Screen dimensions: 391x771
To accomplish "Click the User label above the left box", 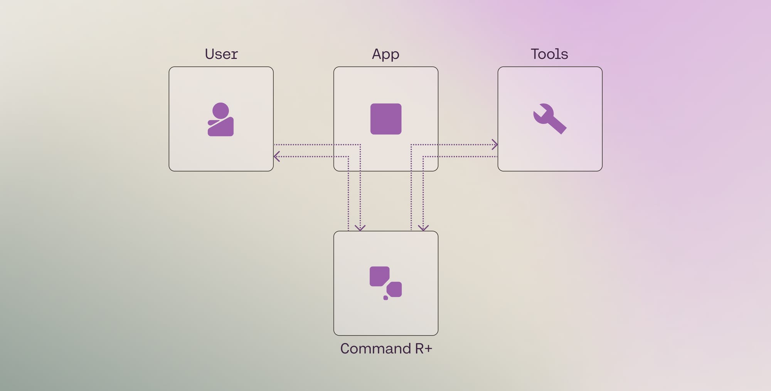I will pos(221,54).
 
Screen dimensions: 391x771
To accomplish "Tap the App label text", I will pos(385,54).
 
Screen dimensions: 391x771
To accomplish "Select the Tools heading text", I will pos(549,54).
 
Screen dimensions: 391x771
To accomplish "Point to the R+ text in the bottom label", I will pos(423,349).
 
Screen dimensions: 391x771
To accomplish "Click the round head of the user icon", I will pos(221,111).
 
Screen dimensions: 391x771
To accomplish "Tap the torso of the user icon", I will pos(222,128).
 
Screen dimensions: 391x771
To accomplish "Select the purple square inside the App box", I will pos(386,119).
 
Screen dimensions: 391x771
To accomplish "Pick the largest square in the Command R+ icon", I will pos(379,276).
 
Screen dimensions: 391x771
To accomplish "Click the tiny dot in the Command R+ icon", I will pos(385,298).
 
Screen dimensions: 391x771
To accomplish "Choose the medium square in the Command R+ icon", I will pos(395,289).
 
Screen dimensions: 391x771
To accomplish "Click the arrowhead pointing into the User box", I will pos(276,157).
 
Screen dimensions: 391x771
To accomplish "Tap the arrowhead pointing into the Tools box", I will pos(495,145).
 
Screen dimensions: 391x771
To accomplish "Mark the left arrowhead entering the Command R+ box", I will pos(360,228).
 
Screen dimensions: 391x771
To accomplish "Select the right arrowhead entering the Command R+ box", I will pos(423,228).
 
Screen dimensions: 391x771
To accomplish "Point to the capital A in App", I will pos(377,54).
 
